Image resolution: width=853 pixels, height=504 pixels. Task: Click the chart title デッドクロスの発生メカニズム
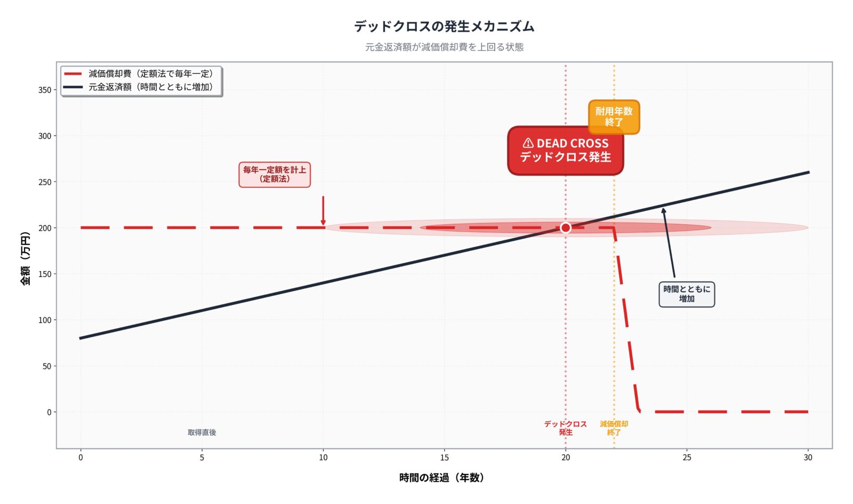click(444, 26)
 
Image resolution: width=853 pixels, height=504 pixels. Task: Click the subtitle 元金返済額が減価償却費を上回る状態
click(444, 47)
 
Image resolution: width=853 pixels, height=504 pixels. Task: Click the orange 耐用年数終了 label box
click(614, 116)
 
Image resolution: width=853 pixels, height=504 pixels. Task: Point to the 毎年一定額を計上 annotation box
click(275, 175)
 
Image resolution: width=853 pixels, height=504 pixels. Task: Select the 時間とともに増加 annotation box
click(687, 294)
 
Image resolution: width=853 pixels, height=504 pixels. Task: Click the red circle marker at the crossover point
click(566, 228)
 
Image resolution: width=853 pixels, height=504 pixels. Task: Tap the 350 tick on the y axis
click(45, 90)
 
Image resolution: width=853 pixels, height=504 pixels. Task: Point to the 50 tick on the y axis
click(47, 366)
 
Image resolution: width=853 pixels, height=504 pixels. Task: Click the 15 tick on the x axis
click(444, 458)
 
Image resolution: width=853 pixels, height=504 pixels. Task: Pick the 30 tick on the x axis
click(808, 458)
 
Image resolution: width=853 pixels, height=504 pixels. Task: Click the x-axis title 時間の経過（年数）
click(442, 478)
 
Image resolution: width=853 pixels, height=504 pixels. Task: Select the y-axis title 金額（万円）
click(25, 258)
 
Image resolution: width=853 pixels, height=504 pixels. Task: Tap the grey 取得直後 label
click(202, 432)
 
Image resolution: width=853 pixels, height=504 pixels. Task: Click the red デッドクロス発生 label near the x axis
click(565, 428)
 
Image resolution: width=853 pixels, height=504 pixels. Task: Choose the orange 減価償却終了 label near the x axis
click(614, 428)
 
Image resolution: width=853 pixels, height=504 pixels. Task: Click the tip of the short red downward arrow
click(323, 224)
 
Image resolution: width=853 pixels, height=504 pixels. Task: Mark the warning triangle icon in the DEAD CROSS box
click(528, 143)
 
